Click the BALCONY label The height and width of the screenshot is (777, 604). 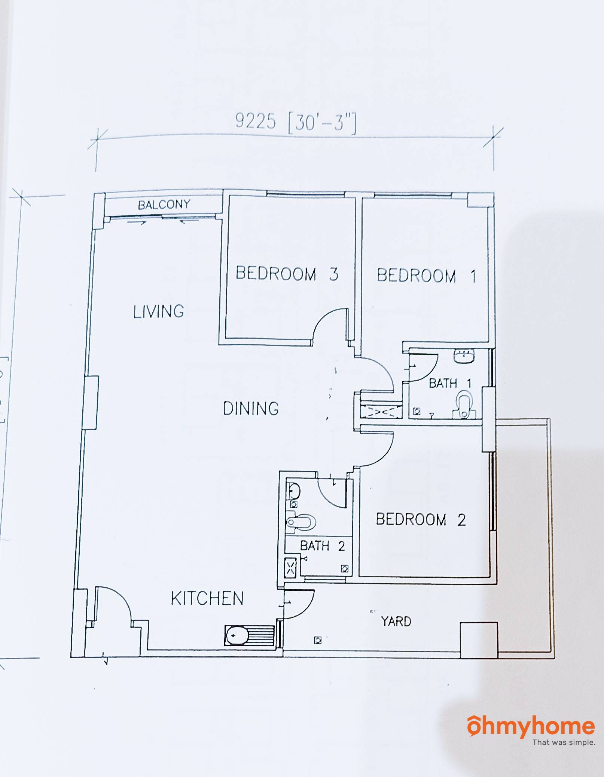click(x=164, y=205)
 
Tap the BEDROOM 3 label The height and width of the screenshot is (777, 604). click(x=287, y=273)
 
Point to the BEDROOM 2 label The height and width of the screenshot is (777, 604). click(x=421, y=520)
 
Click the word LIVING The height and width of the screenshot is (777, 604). click(x=159, y=311)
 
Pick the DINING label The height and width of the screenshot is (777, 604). click(x=251, y=408)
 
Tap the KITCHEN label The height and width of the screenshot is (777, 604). click(x=207, y=599)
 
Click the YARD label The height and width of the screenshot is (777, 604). click(x=396, y=622)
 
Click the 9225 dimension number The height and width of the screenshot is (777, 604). click(x=256, y=121)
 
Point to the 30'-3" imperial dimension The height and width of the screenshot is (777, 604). click(x=322, y=123)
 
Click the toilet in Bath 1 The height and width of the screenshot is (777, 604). click(x=464, y=405)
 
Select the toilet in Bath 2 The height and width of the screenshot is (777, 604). click(x=301, y=522)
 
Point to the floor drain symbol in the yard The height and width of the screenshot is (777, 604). click(x=318, y=641)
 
